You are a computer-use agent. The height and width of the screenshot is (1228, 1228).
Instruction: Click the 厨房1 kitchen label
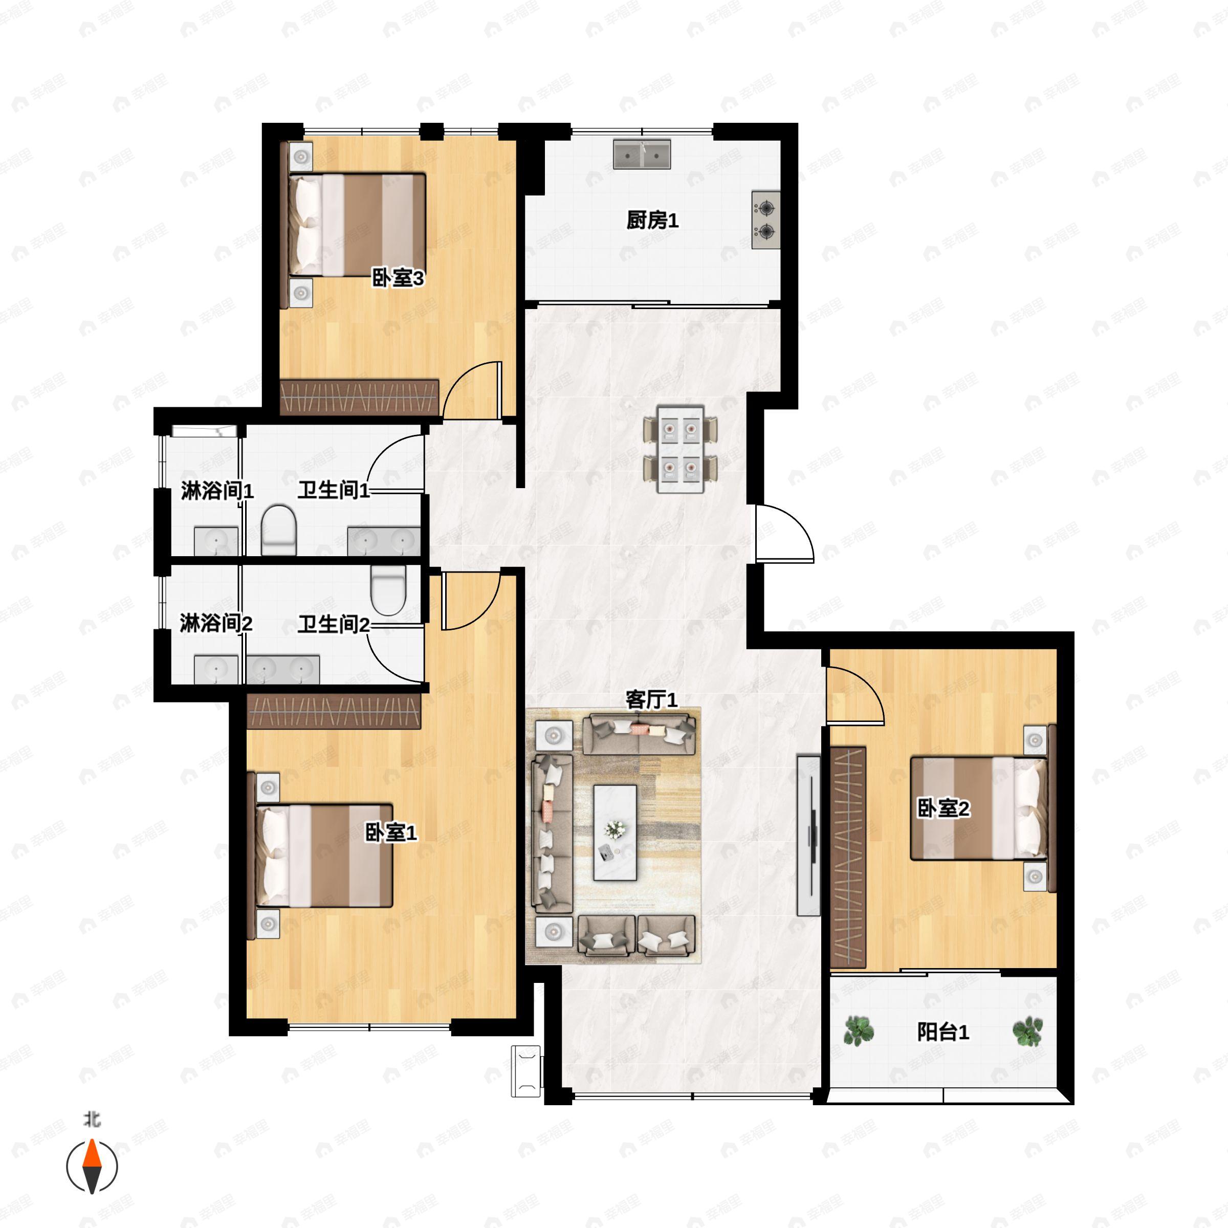click(x=652, y=221)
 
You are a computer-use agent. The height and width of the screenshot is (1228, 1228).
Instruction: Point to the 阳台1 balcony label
click(x=943, y=1032)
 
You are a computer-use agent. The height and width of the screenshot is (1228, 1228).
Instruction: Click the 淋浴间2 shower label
click(x=216, y=624)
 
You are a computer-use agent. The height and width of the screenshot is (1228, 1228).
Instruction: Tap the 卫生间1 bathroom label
click(x=334, y=490)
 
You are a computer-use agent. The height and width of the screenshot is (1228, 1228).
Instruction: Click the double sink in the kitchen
click(x=642, y=155)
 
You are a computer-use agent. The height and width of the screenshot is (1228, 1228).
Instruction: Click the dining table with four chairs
click(x=680, y=449)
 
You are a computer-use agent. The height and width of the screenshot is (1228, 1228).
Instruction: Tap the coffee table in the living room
click(x=615, y=832)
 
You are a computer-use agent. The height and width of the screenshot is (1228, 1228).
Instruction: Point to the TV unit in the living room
click(x=808, y=835)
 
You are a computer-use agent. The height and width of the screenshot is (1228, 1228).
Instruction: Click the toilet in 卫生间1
click(x=279, y=530)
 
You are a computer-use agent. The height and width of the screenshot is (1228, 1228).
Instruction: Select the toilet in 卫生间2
click(x=388, y=589)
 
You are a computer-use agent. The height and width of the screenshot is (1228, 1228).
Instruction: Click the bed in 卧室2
click(x=979, y=808)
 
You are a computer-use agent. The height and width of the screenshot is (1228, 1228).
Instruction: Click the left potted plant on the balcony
click(x=858, y=1030)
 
